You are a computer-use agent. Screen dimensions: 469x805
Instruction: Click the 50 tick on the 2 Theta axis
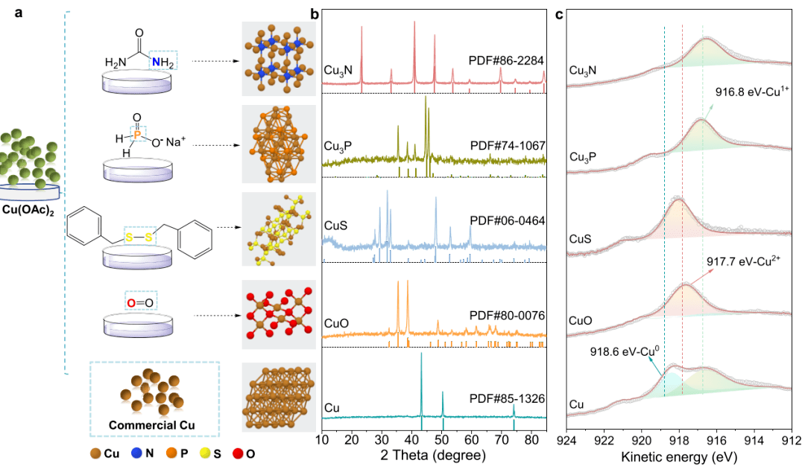click(441, 438)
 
